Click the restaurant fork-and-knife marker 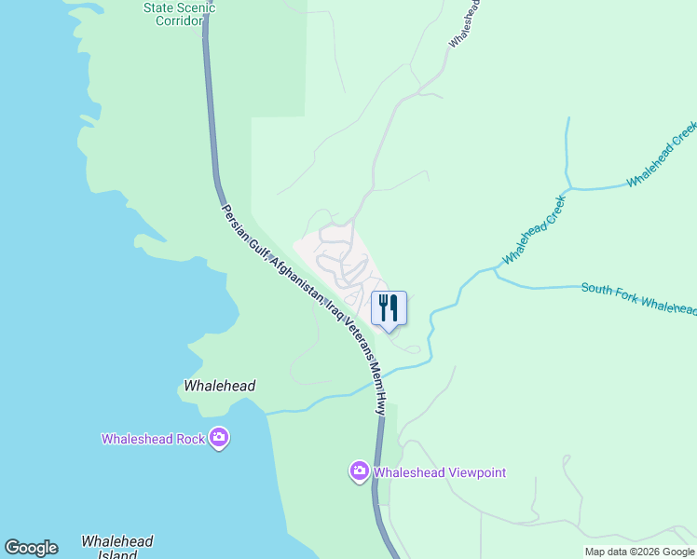[389, 307]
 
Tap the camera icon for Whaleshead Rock [219, 438]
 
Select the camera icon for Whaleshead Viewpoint [360, 472]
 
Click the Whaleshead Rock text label [154, 439]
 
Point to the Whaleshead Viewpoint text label [440, 472]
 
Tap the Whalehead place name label [220, 386]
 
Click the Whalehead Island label [117, 547]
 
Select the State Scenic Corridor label [179, 14]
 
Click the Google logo [31, 548]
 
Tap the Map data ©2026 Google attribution [639, 552]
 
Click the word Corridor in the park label [179, 21]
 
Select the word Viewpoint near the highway [472, 472]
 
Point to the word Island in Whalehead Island [117, 555]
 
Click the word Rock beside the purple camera [189, 439]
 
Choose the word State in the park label [157, 7]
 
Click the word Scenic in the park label [195, 7]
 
